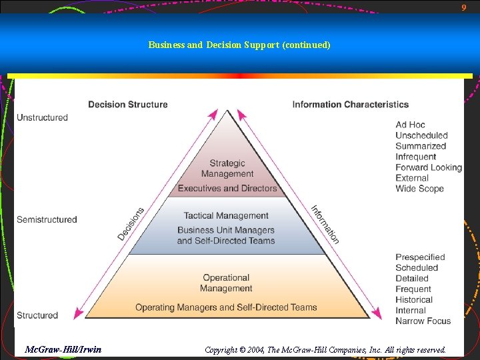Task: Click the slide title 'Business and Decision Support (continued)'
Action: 239,45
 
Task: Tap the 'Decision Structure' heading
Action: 128,104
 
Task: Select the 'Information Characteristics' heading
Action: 350,104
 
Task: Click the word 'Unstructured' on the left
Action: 42,117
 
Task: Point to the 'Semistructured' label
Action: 47,219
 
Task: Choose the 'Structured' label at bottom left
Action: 37,315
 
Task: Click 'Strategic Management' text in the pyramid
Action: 227,169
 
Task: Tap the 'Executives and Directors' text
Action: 227,189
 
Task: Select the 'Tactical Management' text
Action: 226,216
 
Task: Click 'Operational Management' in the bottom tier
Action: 226,283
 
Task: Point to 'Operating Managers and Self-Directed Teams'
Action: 226,307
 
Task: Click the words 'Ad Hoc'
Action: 410,125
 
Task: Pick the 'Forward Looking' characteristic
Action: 428,167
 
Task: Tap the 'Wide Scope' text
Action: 419,189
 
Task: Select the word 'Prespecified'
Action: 420,257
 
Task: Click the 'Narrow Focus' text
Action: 423,321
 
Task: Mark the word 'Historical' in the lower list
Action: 414,299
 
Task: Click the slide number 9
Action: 464,7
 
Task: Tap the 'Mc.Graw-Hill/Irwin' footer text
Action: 63,349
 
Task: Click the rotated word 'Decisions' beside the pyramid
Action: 131,224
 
